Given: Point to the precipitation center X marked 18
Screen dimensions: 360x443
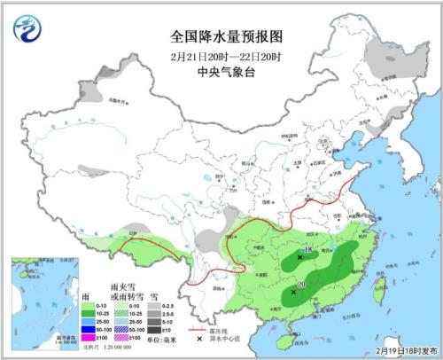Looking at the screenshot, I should tap(299, 257).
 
